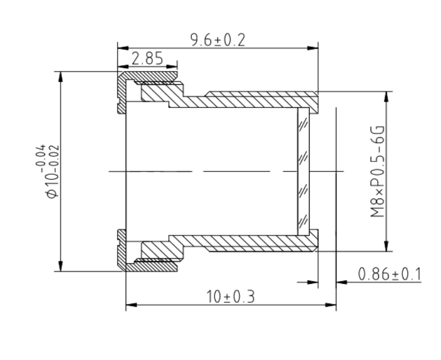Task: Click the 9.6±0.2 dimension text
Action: tap(218, 40)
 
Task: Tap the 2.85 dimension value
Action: tap(148, 58)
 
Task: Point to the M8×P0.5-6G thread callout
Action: tap(378, 171)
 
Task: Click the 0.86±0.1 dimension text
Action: tap(390, 274)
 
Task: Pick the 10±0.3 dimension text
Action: tap(231, 297)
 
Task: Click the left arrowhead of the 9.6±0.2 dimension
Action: tap(123, 48)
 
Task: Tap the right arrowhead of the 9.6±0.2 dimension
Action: tap(313, 48)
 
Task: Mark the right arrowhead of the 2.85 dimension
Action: tap(172, 67)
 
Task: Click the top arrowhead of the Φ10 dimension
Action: tap(61, 77)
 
